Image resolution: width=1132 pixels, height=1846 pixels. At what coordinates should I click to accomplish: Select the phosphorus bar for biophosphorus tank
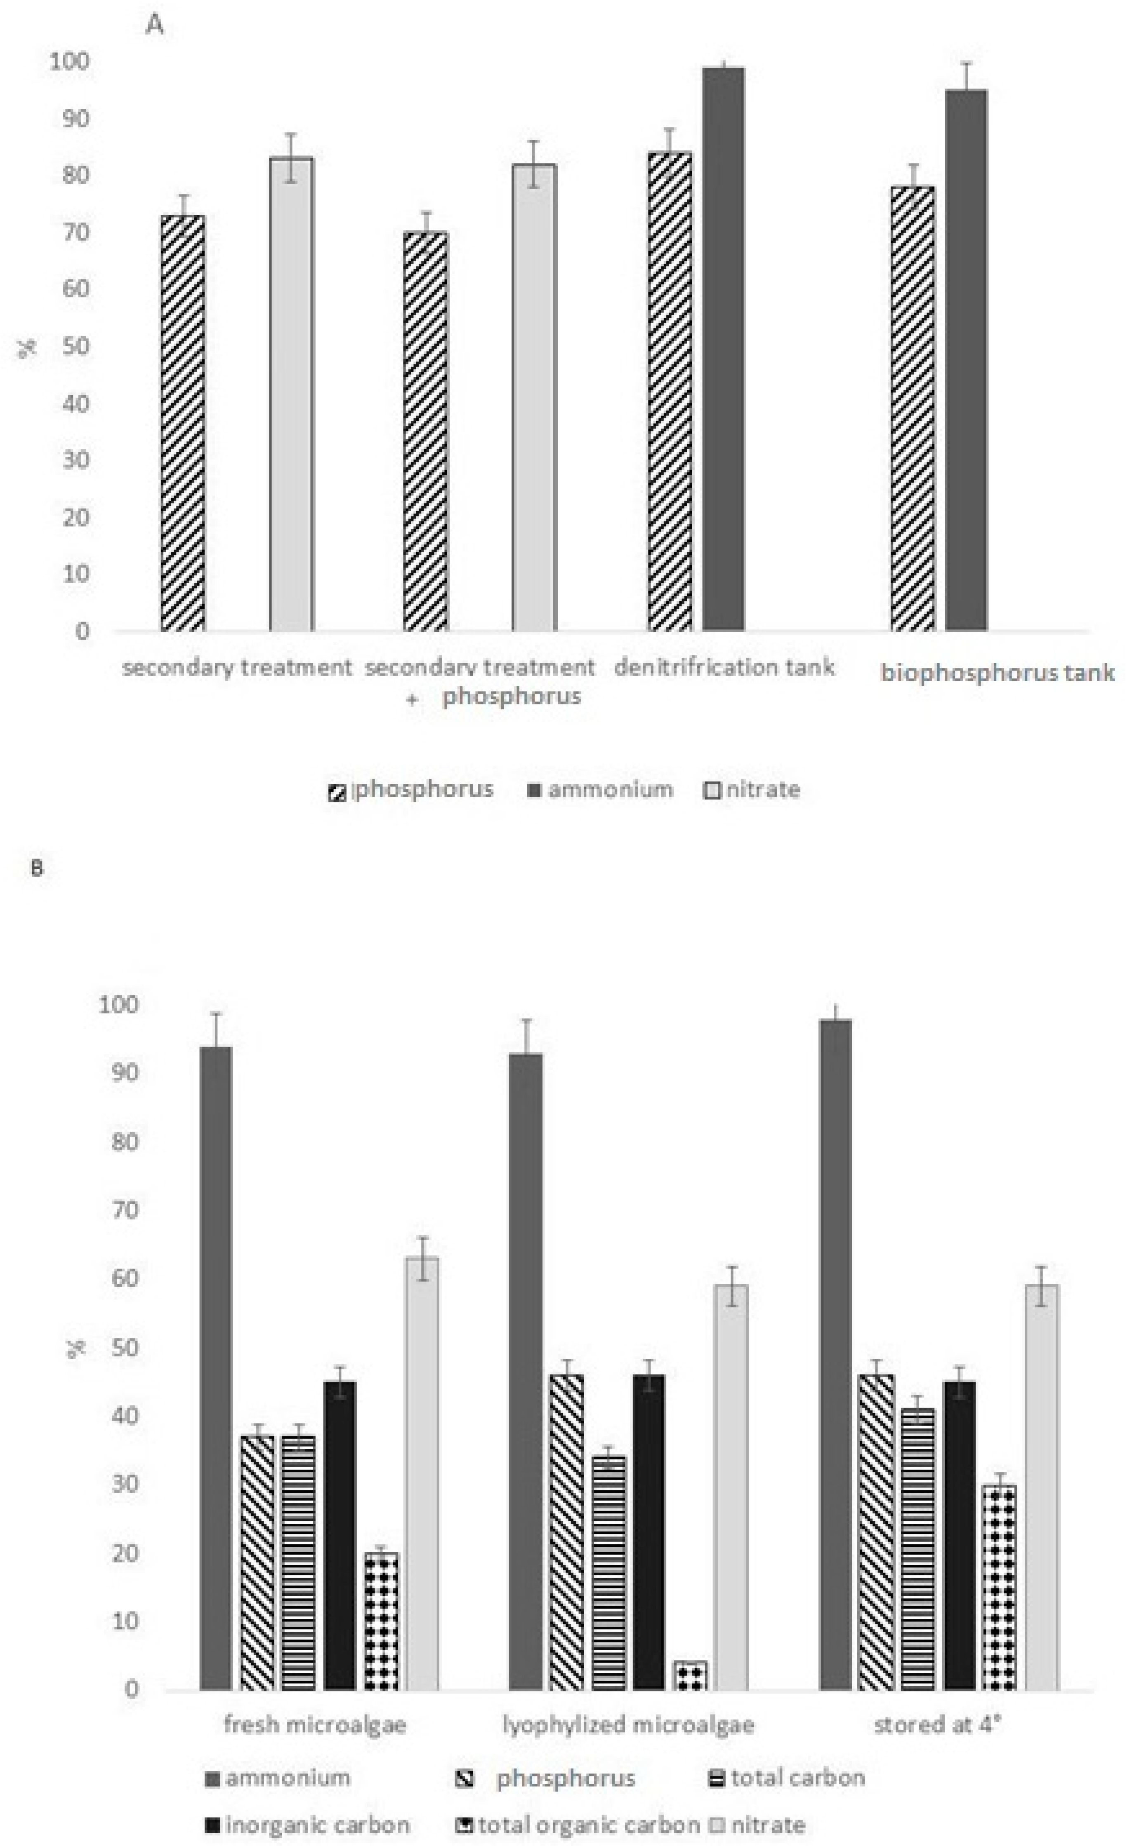click(x=913, y=408)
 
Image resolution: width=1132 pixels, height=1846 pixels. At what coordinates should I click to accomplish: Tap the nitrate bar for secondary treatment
click(x=292, y=393)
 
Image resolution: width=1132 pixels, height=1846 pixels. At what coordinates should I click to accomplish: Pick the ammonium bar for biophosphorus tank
click(x=966, y=360)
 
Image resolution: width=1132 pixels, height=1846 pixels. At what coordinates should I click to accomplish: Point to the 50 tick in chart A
click(x=76, y=346)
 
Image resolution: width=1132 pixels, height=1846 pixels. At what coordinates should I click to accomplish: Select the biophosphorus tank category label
click(x=997, y=673)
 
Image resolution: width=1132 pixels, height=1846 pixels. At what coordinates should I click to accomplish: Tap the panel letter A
click(x=154, y=25)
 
